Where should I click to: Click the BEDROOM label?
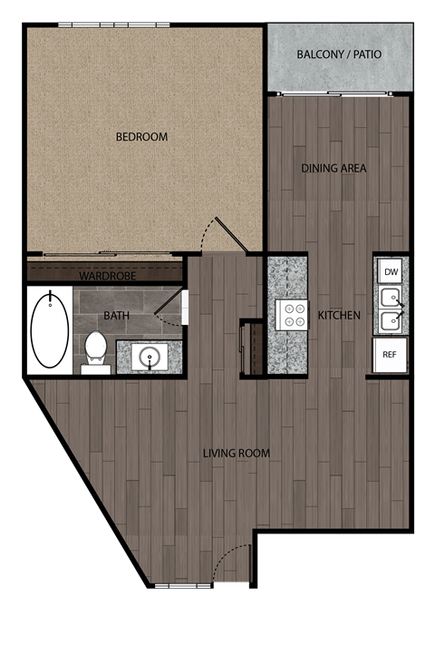click(x=142, y=137)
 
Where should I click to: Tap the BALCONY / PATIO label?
click(x=340, y=54)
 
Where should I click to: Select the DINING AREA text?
click(x=333, y=168)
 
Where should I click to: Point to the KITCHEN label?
click(x=339, y=316)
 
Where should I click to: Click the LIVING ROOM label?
click(x=237, y=453)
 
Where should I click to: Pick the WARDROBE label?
click(x=107, y=275)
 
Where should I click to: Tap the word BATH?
click(x=116, y=317)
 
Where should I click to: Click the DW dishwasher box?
click(x=391, y=271)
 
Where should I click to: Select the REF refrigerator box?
click(x=391, y=355)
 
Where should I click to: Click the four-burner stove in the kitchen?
click(x=292, y=315)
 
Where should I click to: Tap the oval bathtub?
click(x=49, y=328)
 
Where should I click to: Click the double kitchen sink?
click(x=391, y=309)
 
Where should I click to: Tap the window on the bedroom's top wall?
click(x=113, y=25)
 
